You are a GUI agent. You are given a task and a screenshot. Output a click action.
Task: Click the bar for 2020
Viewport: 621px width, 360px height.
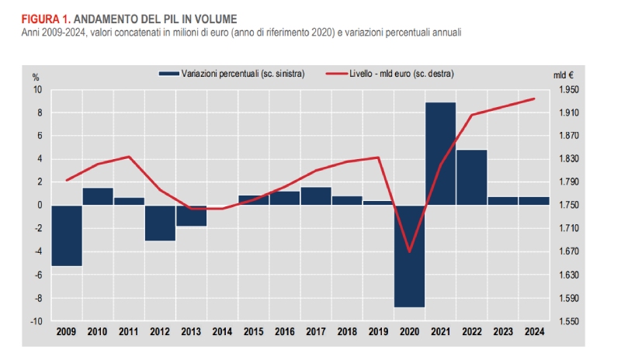coord(409,256)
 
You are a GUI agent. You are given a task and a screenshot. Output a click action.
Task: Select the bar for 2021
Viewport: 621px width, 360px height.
coord(440,154)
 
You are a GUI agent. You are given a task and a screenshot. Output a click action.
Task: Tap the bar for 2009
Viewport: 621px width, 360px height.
coord(67,235)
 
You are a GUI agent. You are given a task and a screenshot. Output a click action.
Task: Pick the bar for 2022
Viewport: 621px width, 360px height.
coord(471,177)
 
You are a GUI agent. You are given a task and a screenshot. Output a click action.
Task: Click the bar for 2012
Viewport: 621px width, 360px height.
coord(160,223)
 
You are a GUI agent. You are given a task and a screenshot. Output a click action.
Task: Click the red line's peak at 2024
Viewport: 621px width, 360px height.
coord(534,99)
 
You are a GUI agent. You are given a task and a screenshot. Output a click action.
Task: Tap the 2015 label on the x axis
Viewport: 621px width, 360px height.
coord(253,331)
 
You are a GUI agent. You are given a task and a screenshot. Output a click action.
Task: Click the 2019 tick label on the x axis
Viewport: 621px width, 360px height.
coord(378,331)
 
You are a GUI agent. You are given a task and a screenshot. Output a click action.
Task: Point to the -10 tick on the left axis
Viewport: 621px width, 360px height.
coord(36,320)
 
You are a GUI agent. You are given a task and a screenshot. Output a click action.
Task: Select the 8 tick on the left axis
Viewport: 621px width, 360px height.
coord(38,113)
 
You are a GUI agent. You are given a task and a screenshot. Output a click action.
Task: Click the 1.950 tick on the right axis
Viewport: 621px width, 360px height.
coord(567,90)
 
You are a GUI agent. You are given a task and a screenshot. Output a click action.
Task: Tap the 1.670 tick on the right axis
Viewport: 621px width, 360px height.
coord(567,251)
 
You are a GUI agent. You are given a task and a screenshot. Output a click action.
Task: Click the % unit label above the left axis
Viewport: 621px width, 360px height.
coord(36,76)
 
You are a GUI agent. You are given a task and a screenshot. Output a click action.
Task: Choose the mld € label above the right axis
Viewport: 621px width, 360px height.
coord(564,76)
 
